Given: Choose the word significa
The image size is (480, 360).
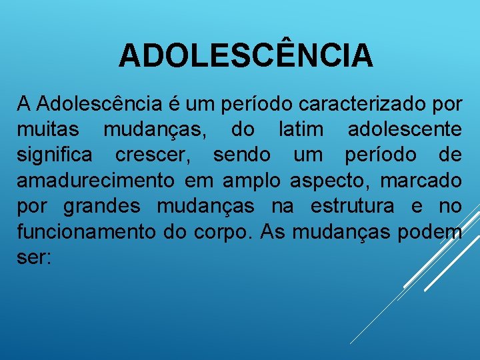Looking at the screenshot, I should coord(57,155).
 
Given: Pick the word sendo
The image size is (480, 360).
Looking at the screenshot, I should coord(242,155).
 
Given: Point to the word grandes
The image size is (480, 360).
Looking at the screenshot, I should coord(102,207).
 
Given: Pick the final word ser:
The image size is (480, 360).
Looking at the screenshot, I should coord(33,258).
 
